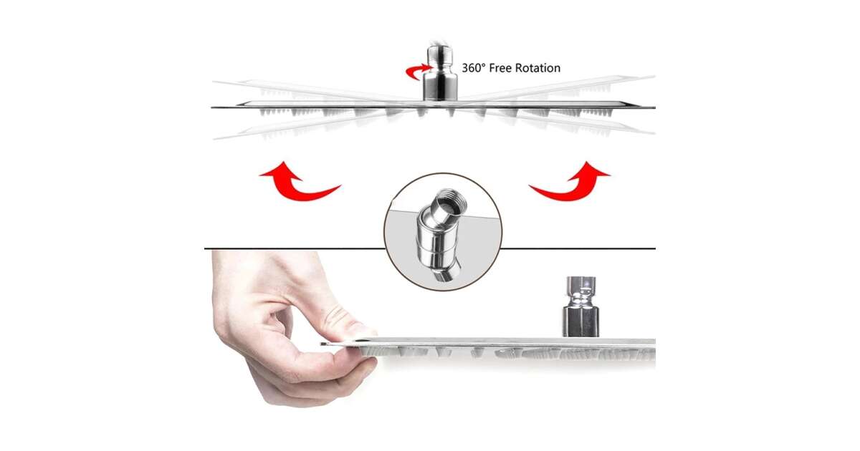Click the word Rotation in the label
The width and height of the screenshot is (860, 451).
click(x=537, y=68)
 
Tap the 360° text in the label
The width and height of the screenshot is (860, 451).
click(x=474, y=68)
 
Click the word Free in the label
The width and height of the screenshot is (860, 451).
click(x=500, y=68)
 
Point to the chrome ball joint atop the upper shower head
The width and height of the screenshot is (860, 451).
click(x=440, y=55)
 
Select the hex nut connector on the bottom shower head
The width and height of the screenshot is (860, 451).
click(x=580, y=307)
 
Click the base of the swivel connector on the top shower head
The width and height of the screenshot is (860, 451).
click(x=440, y=88)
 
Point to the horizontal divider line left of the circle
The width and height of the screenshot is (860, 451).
click(x=295, y=248)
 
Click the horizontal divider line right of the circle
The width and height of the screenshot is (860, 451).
click(x=578, y=248)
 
